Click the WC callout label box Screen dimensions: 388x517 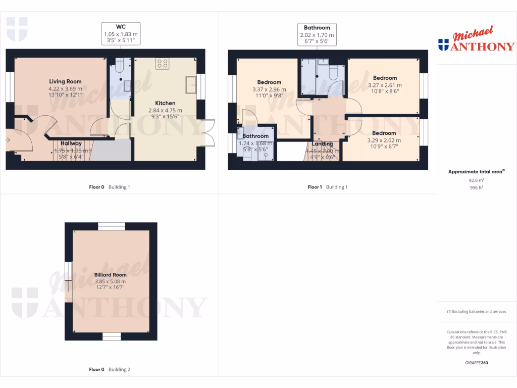pyautogui.click(x=120, y=34)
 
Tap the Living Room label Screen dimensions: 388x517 pyautogui.click(x=65, y=81)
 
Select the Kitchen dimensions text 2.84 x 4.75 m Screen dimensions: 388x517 pyautogui.click(x=165, y=110)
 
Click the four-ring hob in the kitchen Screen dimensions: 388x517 pyautogui.click(x=163, y=64)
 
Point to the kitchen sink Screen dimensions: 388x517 pyautogui.click(x=191, y=84)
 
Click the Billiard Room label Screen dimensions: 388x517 pyautogui.click(x=110, y=275)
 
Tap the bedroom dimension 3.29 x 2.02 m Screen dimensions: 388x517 pyautogui.click(x=385, y=140)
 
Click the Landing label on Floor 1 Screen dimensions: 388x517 pyautogui.click(x=322, y=144)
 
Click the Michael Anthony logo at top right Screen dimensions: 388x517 pyautogui.click(x=477, y=41)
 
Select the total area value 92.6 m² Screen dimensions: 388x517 pyautogui.click(x=477, y=179)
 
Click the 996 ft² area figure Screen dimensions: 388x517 pyautogui.click(x=477, y=186)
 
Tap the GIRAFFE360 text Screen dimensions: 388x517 pyautogui.click(x=477, y=363)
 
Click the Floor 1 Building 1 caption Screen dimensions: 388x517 pyautogui.click(x=328, y=187)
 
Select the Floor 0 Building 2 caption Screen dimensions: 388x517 pyautogui.click(x=110, y=370)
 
